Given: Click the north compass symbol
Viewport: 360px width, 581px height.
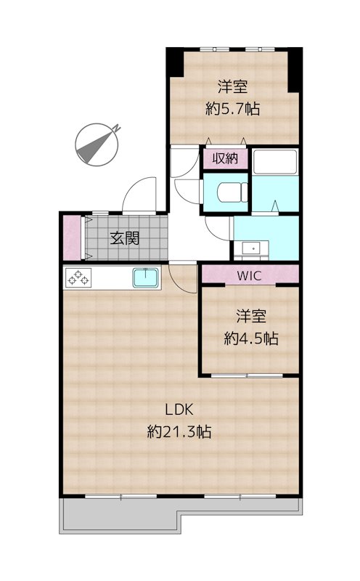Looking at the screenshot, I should click(97, 143).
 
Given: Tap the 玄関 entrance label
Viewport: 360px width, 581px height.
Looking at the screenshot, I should click(124, 237).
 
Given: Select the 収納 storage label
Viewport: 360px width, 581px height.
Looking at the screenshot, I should click(224, 158).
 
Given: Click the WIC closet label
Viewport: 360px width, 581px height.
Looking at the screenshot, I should click(250, 275).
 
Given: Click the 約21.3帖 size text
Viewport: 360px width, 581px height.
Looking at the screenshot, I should click(179, 431).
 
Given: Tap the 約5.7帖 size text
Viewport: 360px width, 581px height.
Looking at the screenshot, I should click(233, 110).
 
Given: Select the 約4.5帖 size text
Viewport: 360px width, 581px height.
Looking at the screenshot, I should click(251, 338).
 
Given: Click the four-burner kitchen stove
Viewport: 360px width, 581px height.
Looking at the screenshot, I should click(78, 277).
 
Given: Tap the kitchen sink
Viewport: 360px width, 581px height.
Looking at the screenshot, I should click(146, 277).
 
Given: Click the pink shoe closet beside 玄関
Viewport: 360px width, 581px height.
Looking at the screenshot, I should click(71, 237).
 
